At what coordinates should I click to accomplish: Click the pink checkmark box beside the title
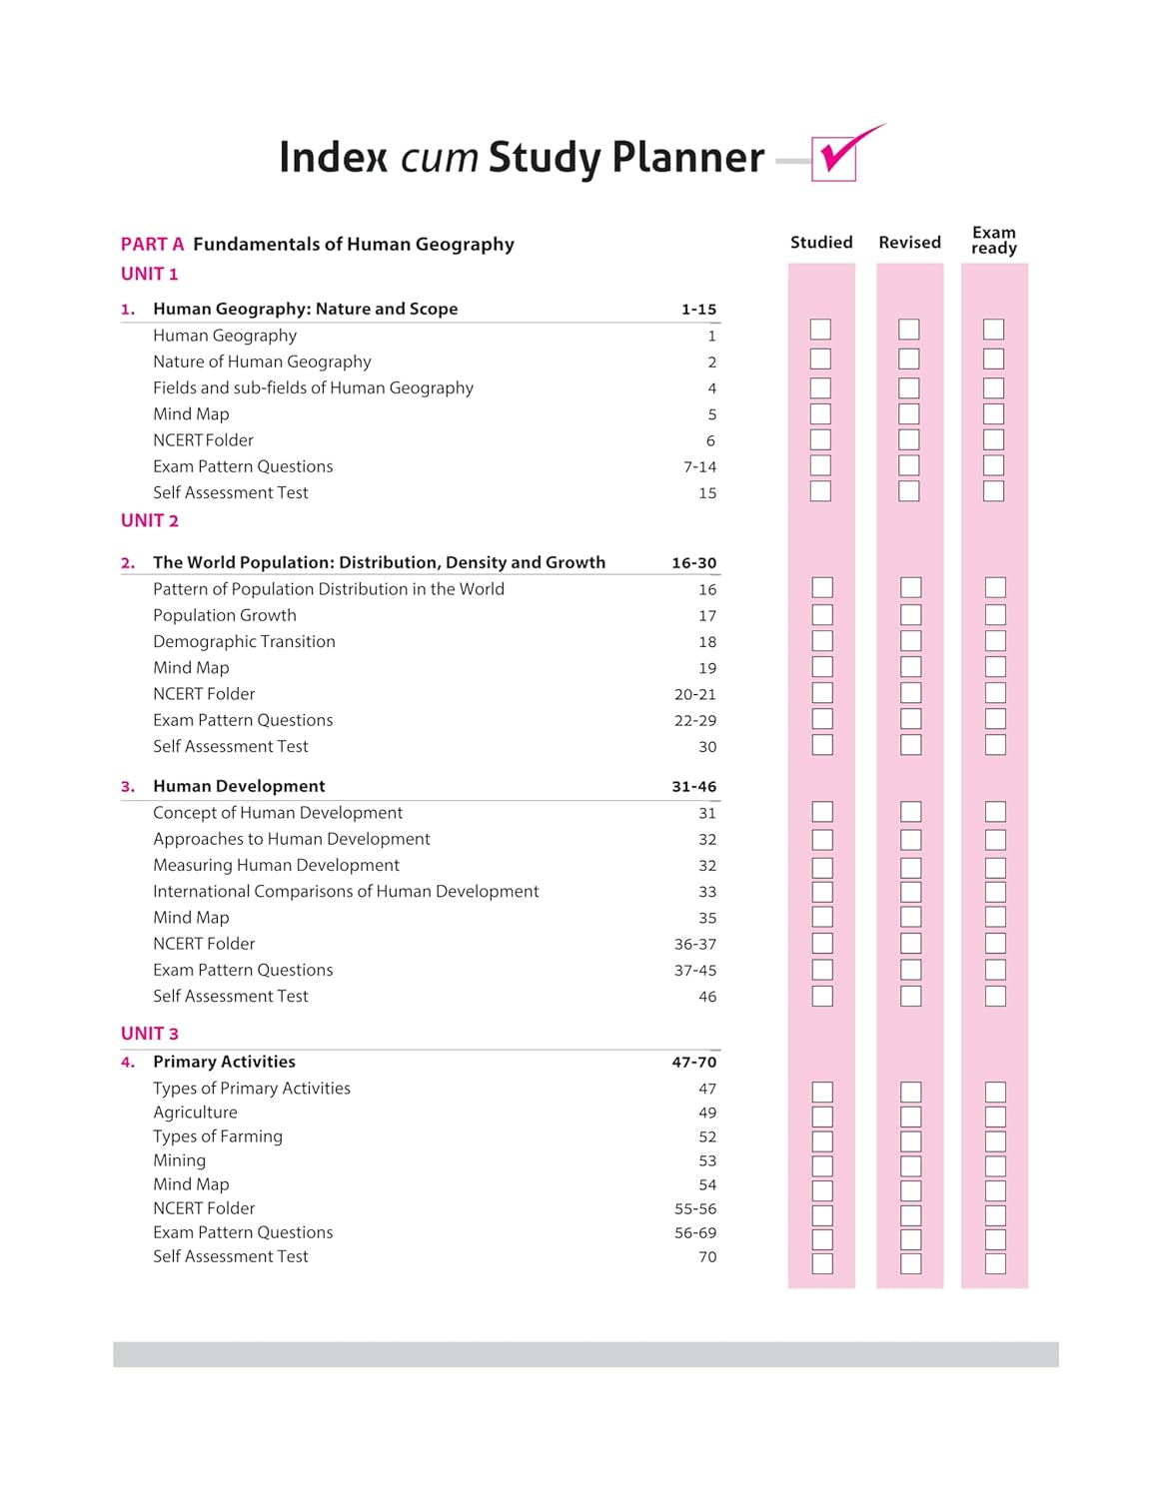point(834,159)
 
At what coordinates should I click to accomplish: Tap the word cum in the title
point(439,158)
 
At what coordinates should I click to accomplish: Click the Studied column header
point(821,243)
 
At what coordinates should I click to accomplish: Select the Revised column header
point(909,243)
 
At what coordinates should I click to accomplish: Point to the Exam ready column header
point(993,241)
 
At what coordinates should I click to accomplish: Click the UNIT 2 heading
point(150,520)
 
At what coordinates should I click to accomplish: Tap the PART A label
point(152,245)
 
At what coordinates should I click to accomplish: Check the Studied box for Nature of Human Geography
point(820,359)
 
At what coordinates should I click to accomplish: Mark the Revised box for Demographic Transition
point(910,640)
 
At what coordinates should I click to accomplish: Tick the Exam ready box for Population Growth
point(995,614)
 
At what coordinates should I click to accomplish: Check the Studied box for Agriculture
point(822,1117)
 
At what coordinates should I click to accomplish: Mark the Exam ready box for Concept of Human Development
point(995,812)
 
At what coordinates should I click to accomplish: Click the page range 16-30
point(693,563)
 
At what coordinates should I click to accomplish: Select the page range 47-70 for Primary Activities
point(693,1063)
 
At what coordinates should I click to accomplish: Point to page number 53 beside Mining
point(707,1160)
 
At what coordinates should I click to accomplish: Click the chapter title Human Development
point(239,787)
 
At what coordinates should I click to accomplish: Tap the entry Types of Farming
point(218,1136)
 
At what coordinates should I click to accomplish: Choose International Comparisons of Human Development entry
point(346,892)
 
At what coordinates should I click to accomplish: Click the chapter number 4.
point(127,1063)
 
